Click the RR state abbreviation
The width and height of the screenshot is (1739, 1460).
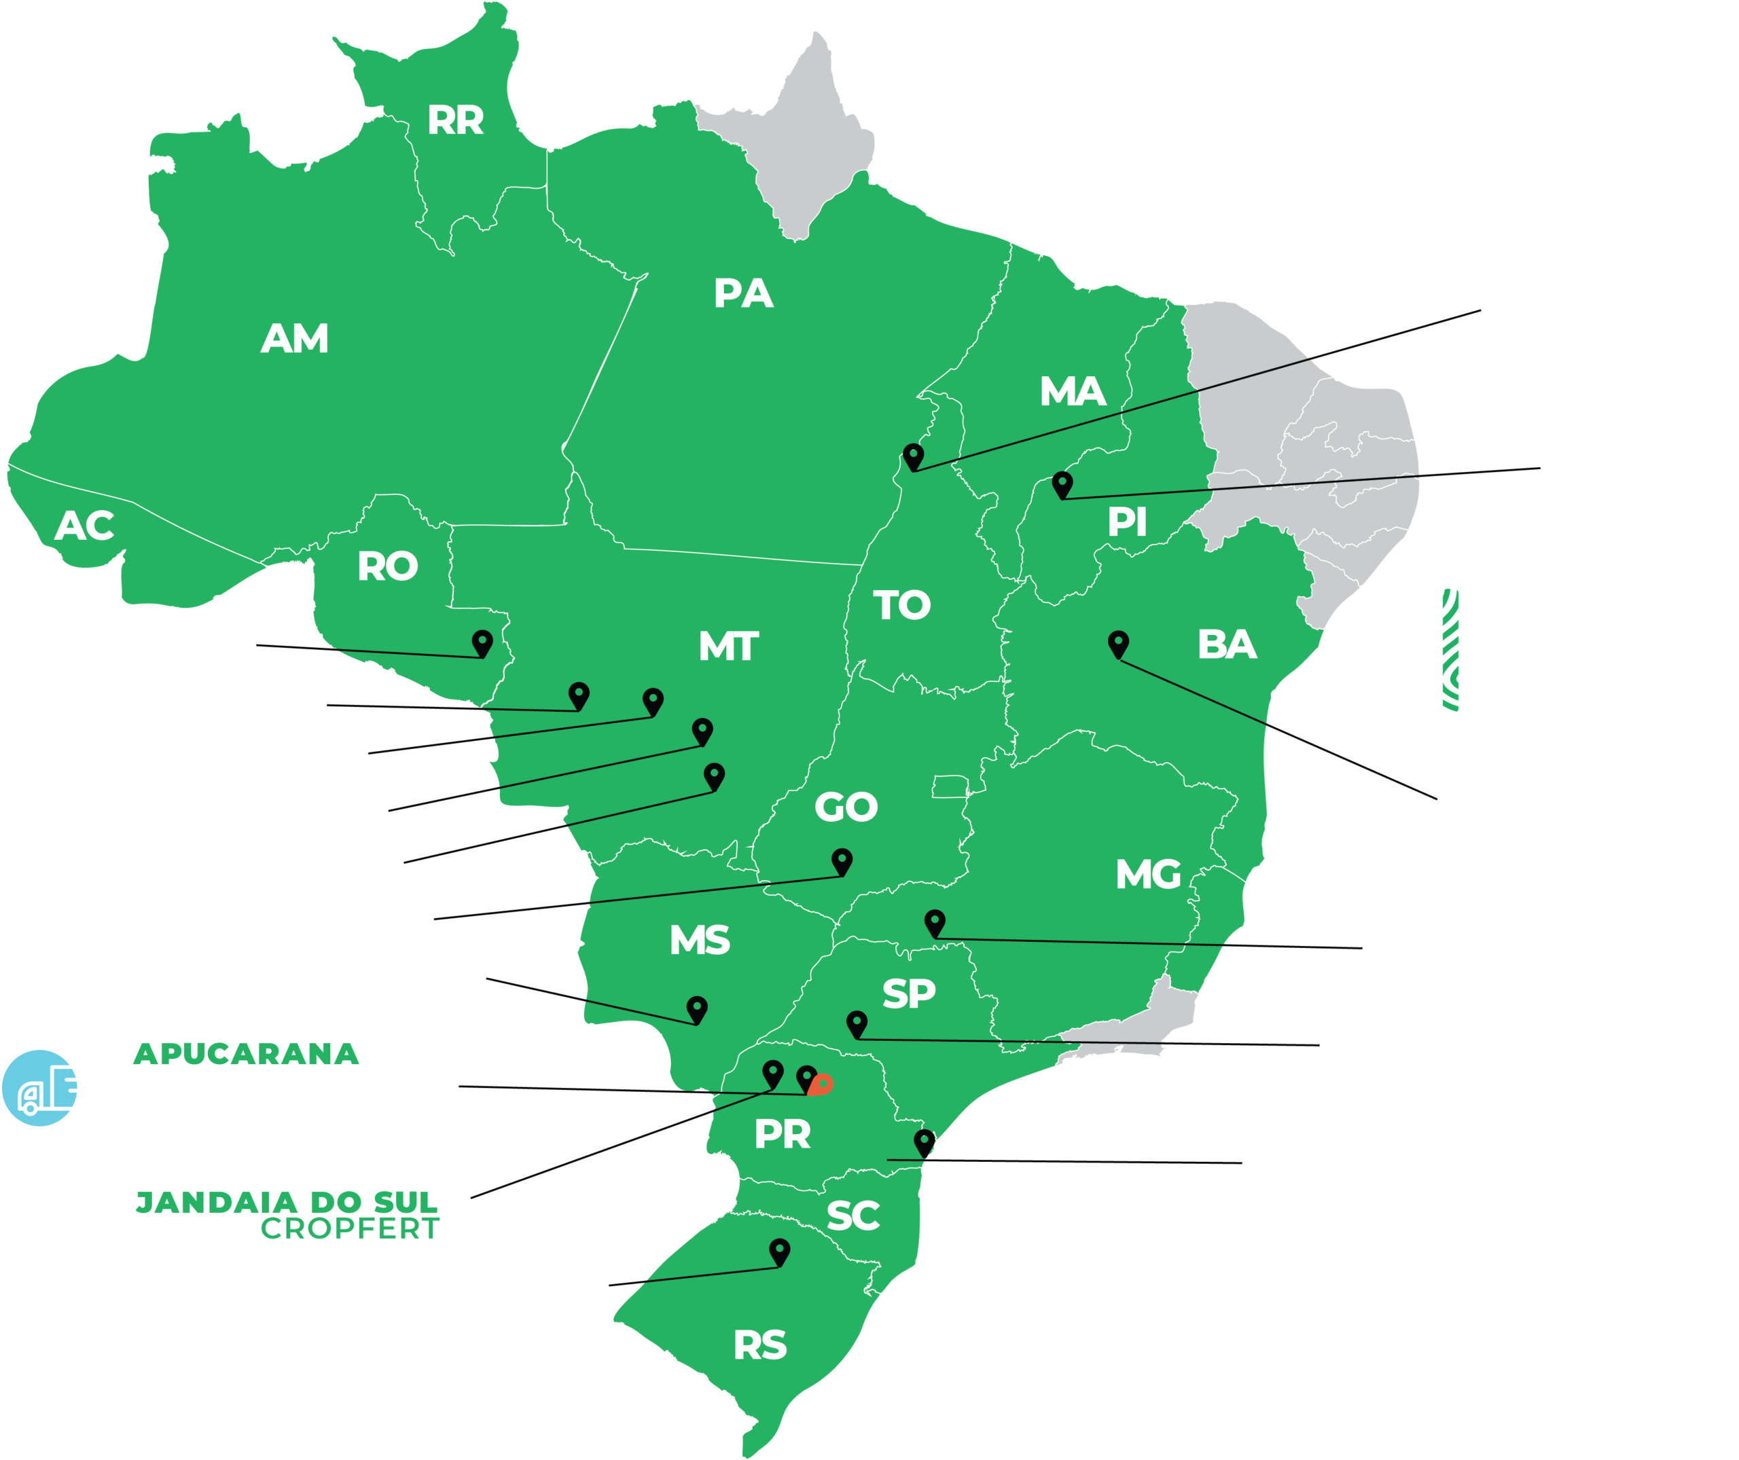pyautogui.click(x=455, y=120)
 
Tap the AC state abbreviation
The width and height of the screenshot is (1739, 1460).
pyautogui.click(x=84, y=526)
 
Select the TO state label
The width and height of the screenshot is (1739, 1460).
pyautogui.click(x=902, y=605)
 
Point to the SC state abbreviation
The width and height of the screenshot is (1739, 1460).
pyautogui.click(x=853, y=1216)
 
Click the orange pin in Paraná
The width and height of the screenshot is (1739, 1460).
pyautogui.click(x=821, y=1084)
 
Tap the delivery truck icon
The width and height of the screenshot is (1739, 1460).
pyautogui.click(x=54, y=1088)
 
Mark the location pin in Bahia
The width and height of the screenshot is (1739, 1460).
pyautogui.click(x=1118, y=643)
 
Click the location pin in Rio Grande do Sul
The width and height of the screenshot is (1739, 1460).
pyautogui.click(x=779, y=1251)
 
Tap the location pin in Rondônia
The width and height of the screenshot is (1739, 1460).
pyautogui.click(x=482, y=642)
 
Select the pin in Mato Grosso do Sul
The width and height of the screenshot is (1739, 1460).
pyautogui.click(x=697, y=1008)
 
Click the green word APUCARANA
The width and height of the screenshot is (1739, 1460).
pyautogui.click(x=246, y=1055)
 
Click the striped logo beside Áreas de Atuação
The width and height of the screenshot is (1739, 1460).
pyautogui.click(x=1450, y=650)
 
